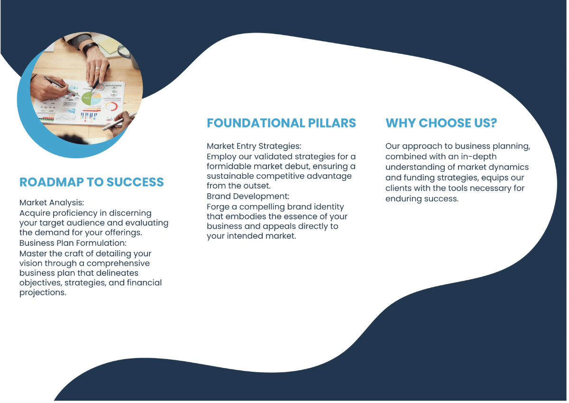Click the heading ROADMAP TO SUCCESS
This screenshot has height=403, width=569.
92,182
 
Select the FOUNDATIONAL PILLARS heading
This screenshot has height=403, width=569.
281,123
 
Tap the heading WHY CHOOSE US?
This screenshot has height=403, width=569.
441,123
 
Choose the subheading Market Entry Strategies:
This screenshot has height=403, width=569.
254,146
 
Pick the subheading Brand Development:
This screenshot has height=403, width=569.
248,196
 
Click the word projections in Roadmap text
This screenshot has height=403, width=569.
42,293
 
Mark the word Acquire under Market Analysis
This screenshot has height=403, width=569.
36,213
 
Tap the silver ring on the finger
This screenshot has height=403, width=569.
98,68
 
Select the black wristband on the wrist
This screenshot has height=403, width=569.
90,48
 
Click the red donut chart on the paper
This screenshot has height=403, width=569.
111,107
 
